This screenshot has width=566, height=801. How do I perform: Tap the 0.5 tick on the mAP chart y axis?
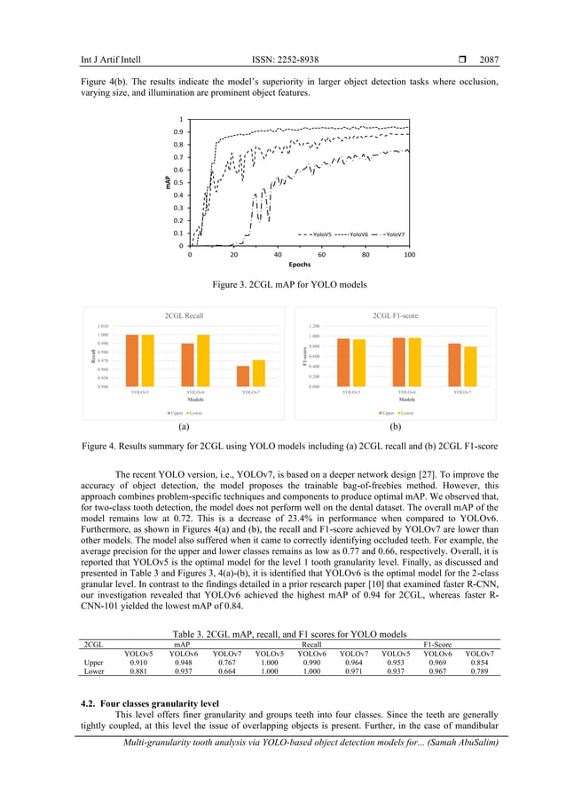click(x=179, y=183)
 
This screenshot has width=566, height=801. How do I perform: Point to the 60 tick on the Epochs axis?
click(x=320, y=254)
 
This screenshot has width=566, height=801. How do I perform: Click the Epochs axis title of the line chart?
click(x=298, y=265)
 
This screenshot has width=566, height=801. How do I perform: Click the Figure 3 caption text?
click(x=282, y=285)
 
